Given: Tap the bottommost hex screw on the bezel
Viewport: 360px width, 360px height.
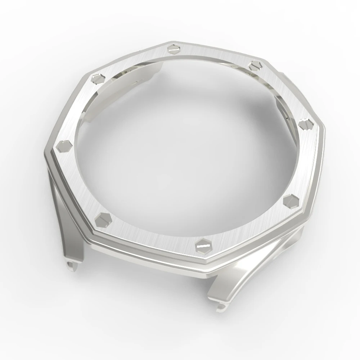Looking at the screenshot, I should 203,244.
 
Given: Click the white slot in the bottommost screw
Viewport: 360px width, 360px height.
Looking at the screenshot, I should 203,246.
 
